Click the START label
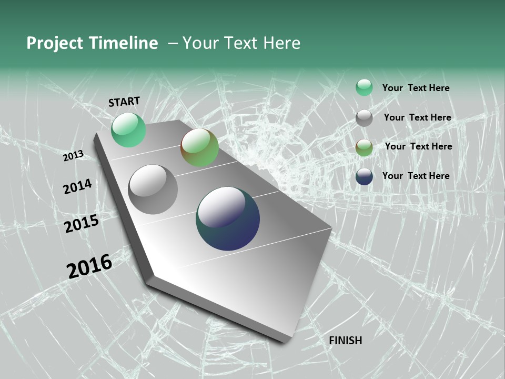pyautogui.click(x=124, y=102)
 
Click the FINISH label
pyautogui.click(x=346, y=341)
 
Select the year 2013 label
pyautogui.click(x=73, y=156)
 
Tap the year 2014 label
pyautogui.click(x=77, y=186)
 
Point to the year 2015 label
pyautogui.click(x=82, y=224)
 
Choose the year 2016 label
pyautogui.click(x=89, y=266)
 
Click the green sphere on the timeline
pyautogui.click(x=128, y=129)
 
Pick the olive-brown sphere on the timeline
pyautogui.click(x=199, y=147)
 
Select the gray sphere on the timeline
pyautogui.click(x=153, y=189)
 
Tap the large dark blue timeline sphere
pyautogui.click(x=228, y=218)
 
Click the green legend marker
pyautogui.click(x=364, y=87)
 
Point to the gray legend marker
pyautogui.click(x=364, y=118)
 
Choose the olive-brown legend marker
pyautogui.click(x=364, y=147)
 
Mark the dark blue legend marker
pyautogui.click(x=364, y=176)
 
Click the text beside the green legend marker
pyautogui.click(x=416, y=88)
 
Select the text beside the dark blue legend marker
pyautogui.click(x=416, y=176)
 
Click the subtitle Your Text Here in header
pyautogui.click(x=241, y=43)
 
